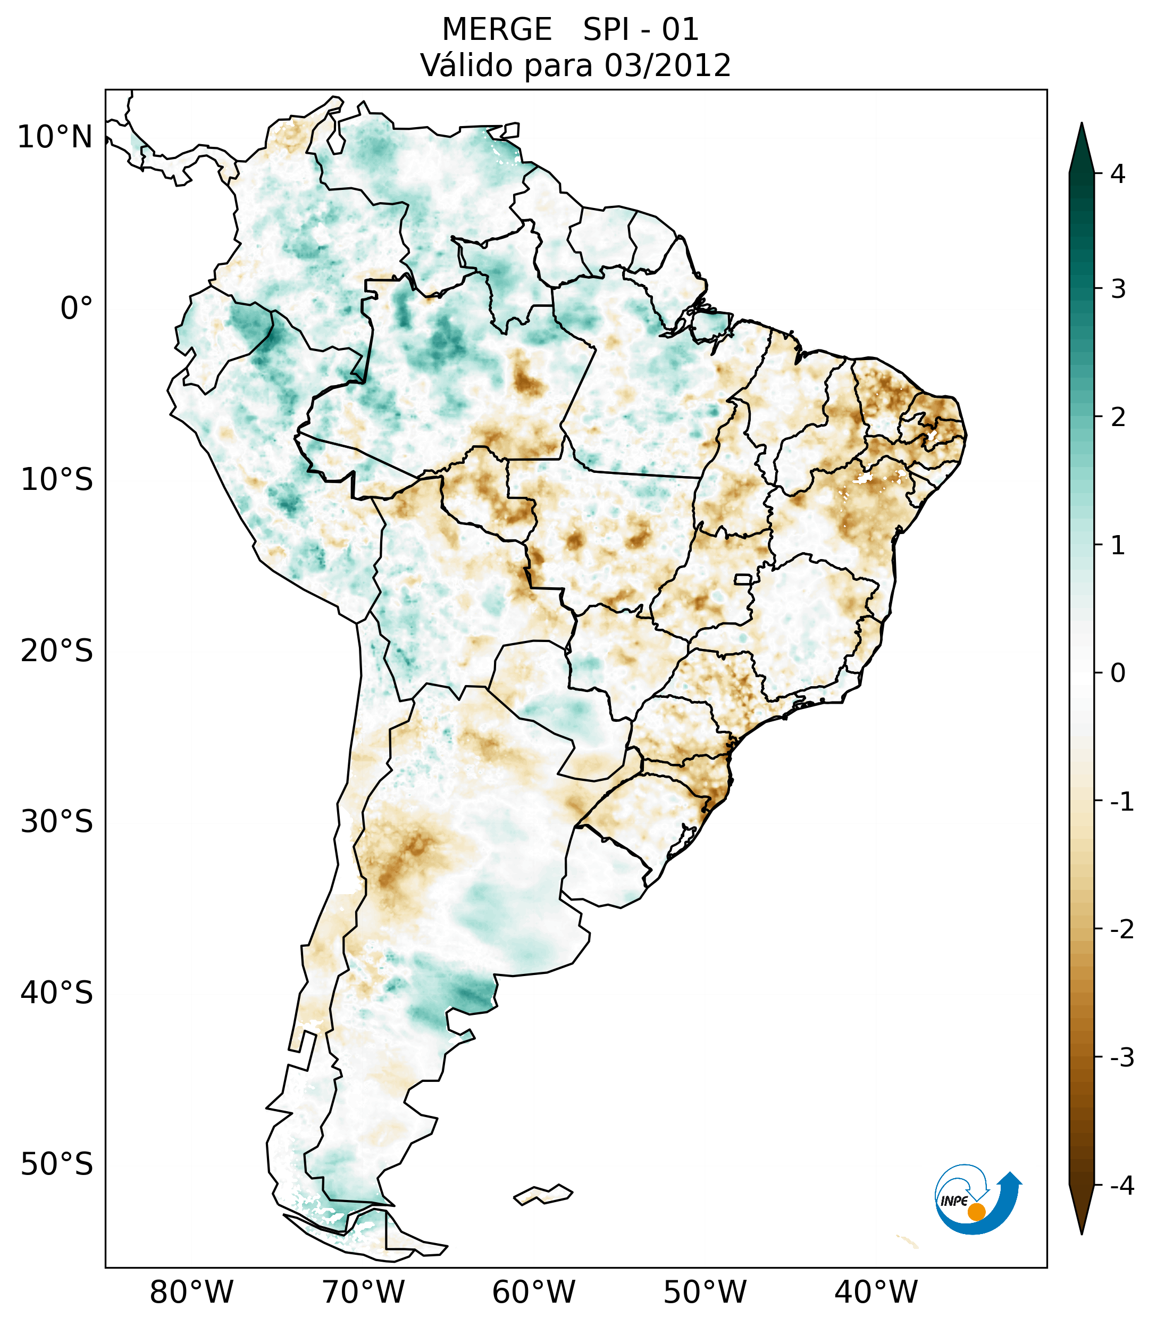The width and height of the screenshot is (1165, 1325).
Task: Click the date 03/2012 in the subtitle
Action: click(x=667, y=65)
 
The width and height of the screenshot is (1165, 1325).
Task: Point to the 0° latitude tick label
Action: click(x=77, y=309)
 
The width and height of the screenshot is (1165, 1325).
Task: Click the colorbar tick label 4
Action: click(x=1118, y=174)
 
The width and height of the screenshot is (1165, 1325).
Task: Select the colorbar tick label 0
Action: click(x=1118, y=673)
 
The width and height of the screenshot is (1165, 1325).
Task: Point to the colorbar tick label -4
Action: click(x=1121, y=1186)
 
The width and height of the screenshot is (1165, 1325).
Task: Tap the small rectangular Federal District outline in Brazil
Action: click(x=743, y=578)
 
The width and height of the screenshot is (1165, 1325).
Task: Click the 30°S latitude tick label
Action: click(x=57, y=822)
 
